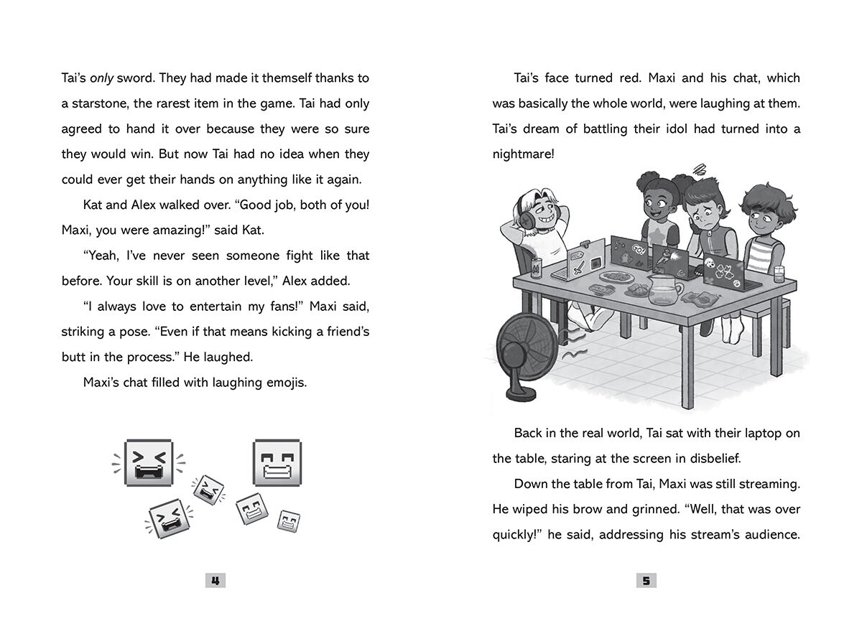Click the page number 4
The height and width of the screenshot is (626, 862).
tap(215, 581)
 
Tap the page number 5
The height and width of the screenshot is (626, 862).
tap(646, 581)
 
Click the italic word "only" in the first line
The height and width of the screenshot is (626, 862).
tap(103, 78)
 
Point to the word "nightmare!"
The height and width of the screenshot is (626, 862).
tap(523, 154)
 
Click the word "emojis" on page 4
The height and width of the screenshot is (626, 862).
tap(287, 383)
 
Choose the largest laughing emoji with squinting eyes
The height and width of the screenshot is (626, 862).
tap(149, 463)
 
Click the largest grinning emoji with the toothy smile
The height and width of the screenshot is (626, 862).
tap(277, 462)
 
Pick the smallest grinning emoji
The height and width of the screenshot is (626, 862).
tap(289, 521)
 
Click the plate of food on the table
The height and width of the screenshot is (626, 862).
tap(616, 275)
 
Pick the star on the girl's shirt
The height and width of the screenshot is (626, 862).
tap(654, 236)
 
